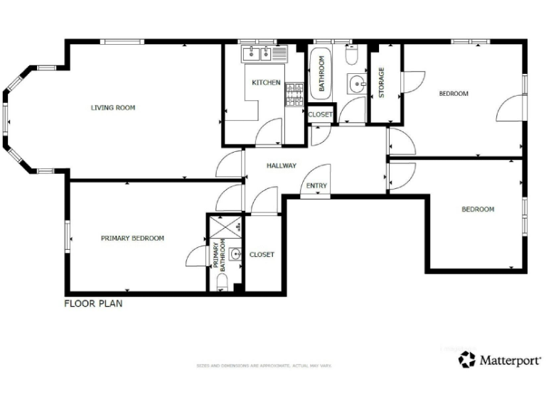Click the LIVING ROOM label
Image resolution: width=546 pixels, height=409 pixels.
click(113, 108)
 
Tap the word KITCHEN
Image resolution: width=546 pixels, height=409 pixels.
click(266, 83)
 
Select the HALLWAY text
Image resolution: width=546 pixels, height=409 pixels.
click(281, 165)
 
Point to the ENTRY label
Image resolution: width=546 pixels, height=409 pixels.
click(316, 186)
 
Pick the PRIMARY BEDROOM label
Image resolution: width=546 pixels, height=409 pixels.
click(132, 239)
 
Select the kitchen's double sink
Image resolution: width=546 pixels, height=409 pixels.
click(256, 53)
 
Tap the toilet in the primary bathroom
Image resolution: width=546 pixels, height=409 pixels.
click(222, 283)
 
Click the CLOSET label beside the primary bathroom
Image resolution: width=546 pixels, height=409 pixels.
click(262, 254)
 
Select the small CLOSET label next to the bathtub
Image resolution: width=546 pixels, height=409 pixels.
click(320, 114)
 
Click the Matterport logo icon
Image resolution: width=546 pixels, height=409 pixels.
click(467, 360)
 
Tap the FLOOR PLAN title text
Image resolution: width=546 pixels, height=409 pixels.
click(94, 303)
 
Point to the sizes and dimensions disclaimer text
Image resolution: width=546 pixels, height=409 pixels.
click(264, 366)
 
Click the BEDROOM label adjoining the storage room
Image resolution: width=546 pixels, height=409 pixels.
click(453, 94)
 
